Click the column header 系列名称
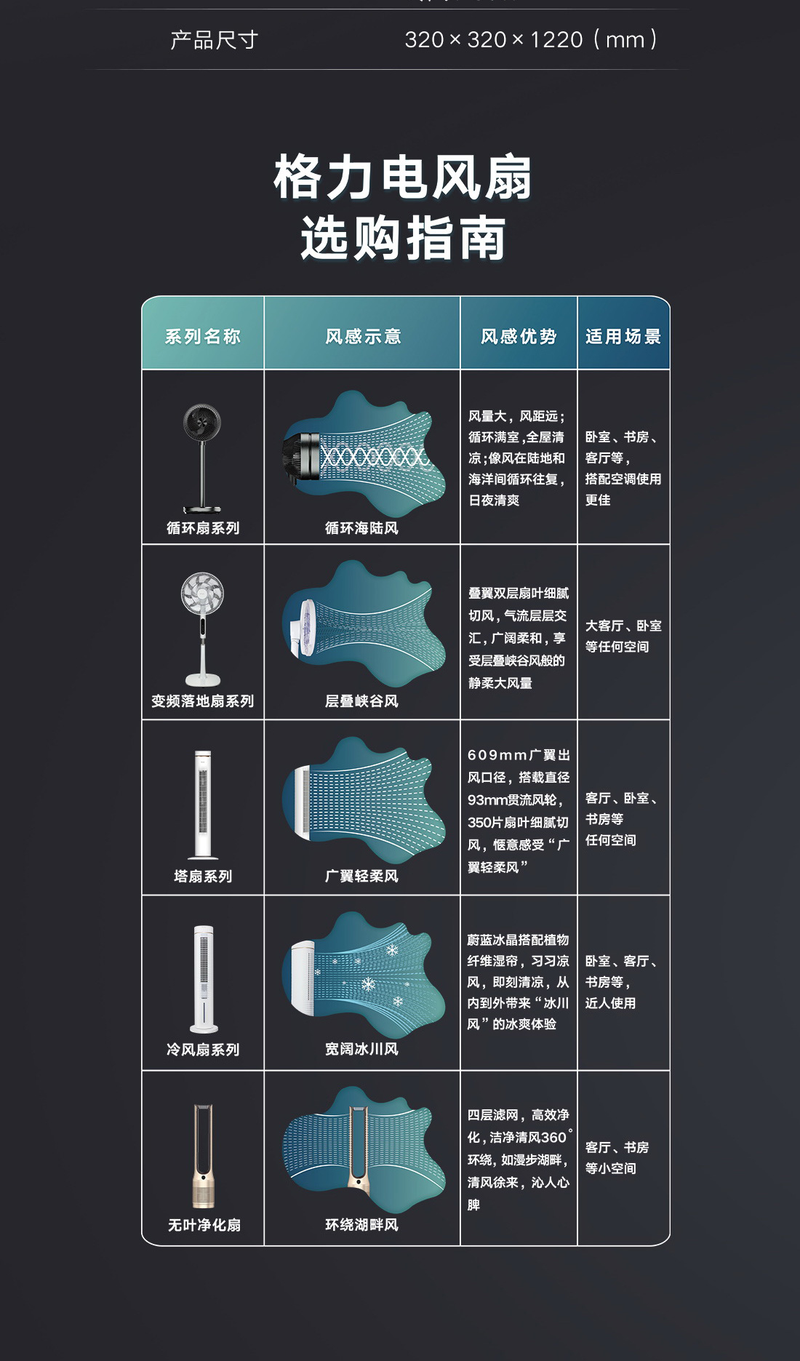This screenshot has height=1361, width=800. click(202, 336)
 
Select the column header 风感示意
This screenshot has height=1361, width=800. click(362, 336)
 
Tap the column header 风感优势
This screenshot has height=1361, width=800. click(519, 336)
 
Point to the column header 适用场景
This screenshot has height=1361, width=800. click(623, 336)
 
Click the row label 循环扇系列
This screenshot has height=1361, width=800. click(203, 528)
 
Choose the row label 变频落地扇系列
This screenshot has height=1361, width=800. click(203, 701)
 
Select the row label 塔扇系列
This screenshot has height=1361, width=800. click(203, 877)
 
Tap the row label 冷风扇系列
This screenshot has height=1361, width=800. click(203, 1050)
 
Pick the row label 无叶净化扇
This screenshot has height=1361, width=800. click(204, 1225)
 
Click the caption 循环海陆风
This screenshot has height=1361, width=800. click(361, 528)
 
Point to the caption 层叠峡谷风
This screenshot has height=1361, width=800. click(361, 701)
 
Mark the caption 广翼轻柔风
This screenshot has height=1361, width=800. click(361, 877)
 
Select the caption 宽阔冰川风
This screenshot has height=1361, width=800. click(361, 1049)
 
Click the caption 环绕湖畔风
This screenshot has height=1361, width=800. click(361, 1225)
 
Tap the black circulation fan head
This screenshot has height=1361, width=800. click(202, 422)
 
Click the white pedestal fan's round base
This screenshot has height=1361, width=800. click(203, 680)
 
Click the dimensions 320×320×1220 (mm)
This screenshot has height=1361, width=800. click(531, 39)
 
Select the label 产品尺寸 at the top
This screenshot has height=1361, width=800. click(214, 39)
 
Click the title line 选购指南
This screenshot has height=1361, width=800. click(403, 238)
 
